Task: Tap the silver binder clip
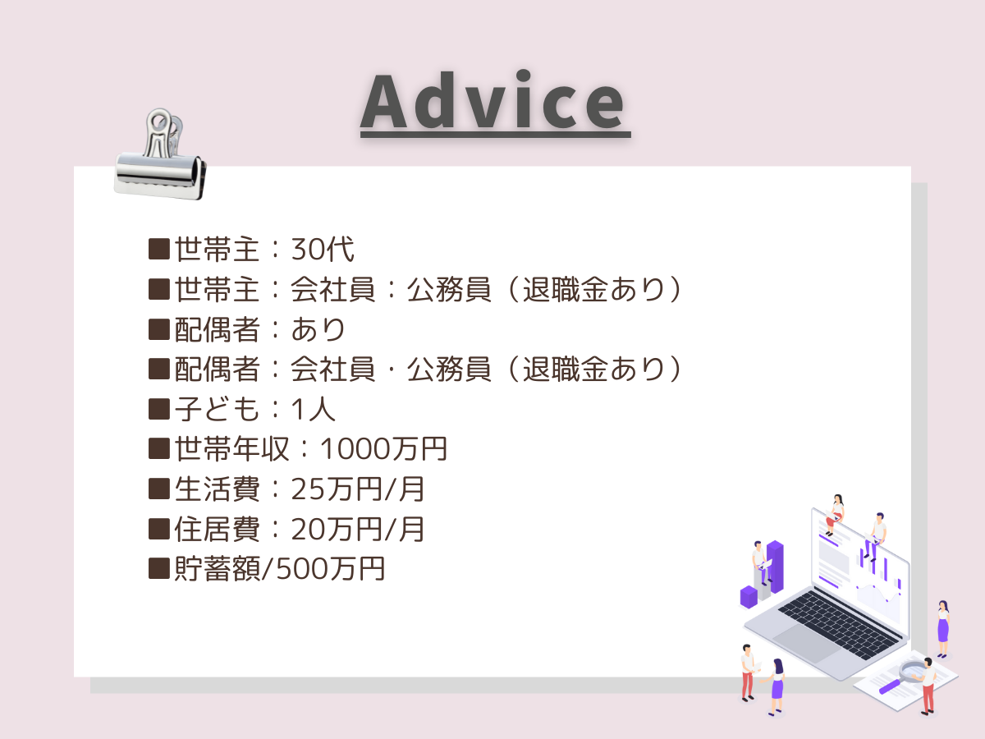coord(160,155)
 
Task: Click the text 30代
coord(323,249)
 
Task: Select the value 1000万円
coord(383,448)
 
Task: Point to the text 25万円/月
coord(358,489)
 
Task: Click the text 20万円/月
coord(358,529)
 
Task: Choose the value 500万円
coord(330,568)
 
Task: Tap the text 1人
coord(314,409)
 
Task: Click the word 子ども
coord(217,409)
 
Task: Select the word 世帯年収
coord(231,448)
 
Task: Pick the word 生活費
coord(217,489)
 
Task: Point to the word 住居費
coord(217,529)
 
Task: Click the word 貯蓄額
coord(217,568)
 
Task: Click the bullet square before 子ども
coord(159,409)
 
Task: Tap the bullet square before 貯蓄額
coord(159,568)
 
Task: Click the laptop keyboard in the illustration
coord(838,625)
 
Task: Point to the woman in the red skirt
coord(835,515)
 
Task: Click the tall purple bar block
coord(775,567)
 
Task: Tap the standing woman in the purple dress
coord(943,629)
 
